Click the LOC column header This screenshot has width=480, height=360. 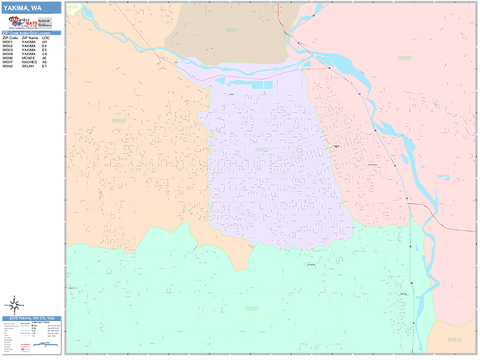click(x=45, y=38)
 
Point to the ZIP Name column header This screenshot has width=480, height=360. click(x=29, y=38)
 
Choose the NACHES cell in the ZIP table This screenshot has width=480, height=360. click(x=29, y=62)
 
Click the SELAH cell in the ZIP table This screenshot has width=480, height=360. click(x=28, y=66)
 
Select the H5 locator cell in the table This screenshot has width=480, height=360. click(x=45, y=42)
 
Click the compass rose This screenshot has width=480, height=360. click(x=15, y=304)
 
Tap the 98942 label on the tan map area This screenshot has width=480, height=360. click(x=232, y=30)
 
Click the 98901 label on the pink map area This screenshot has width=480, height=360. click(x=405, y=58)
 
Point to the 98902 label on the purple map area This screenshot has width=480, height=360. click(x=262, y=149)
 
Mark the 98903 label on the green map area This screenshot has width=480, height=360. click(x=251, y=308)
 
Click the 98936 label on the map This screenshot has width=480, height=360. click(x=454, y=339)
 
